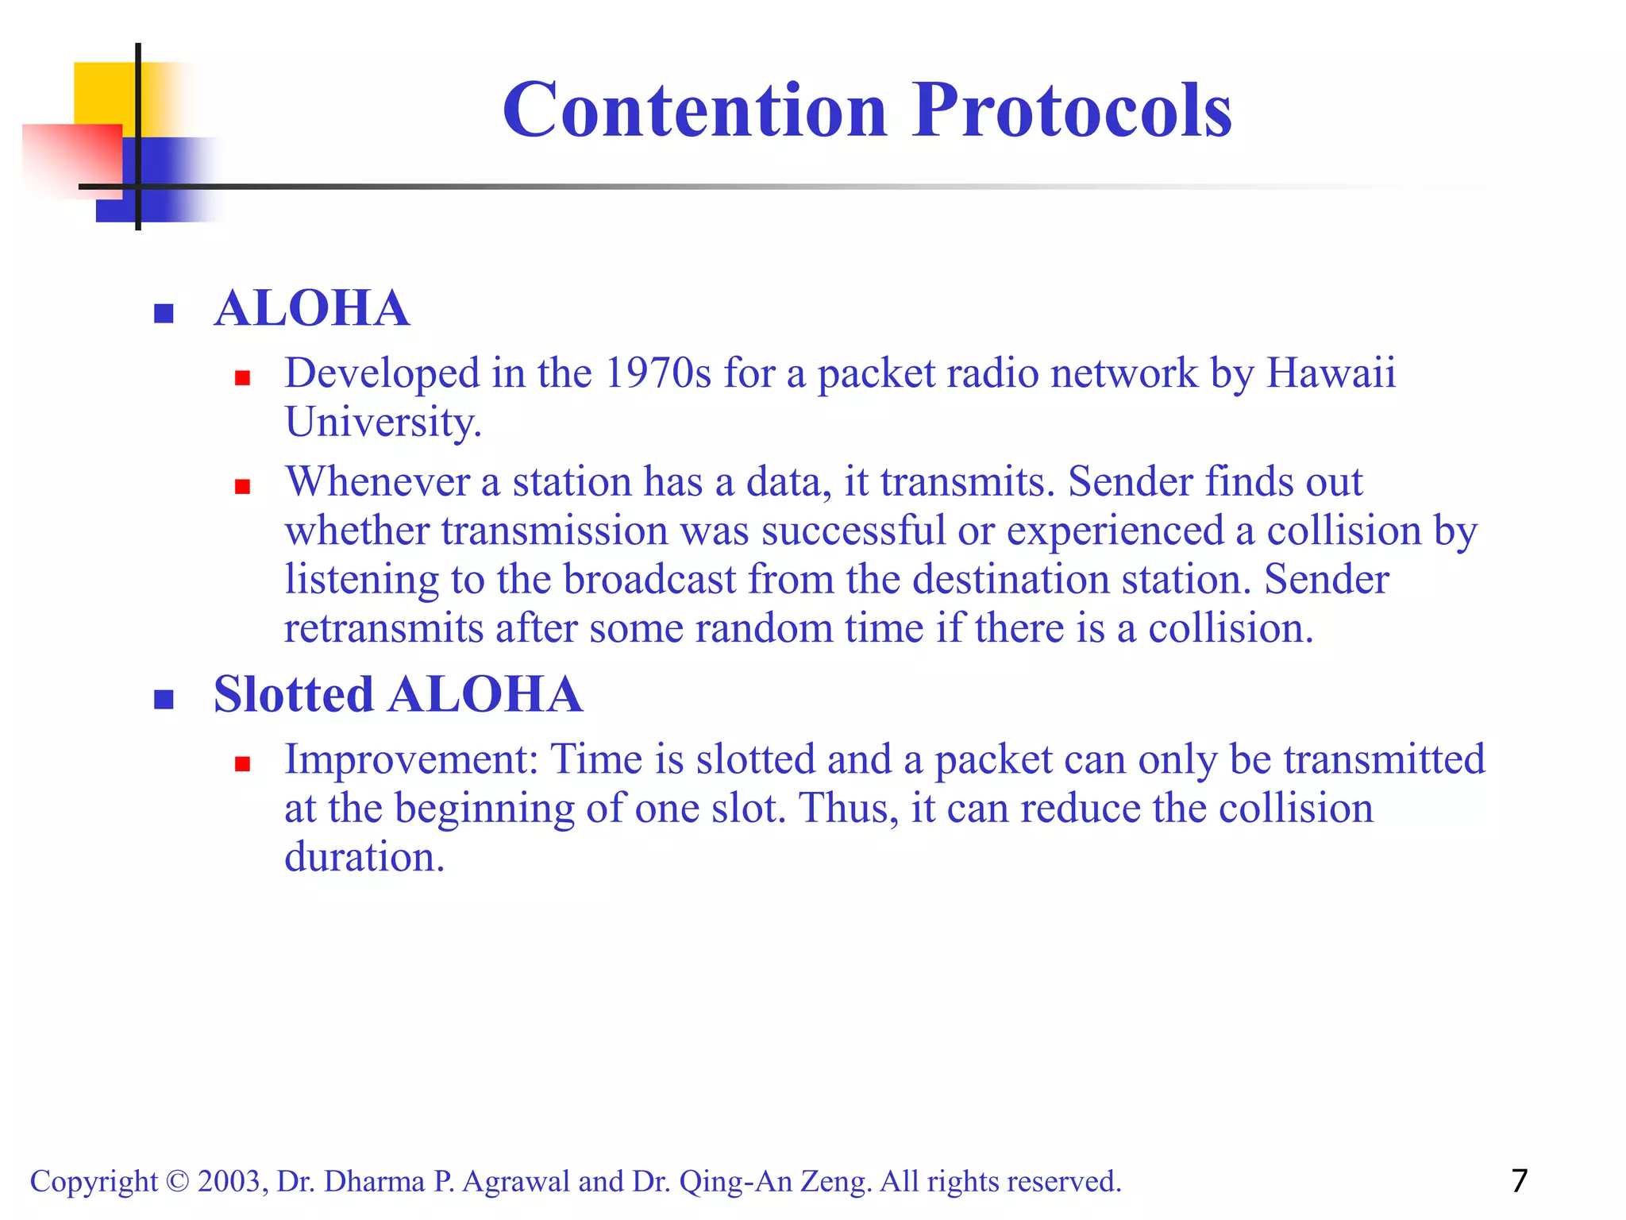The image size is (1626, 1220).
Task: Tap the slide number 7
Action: tap(1519, 1180)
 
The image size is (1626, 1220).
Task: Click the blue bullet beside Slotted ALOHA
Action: tap(164, 699)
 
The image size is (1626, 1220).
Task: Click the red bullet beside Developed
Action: tap(243, 378)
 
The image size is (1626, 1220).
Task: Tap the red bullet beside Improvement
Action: tap(243, 764)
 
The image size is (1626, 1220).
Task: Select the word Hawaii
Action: tap(1330, 373)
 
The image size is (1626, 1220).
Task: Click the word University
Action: tap(383, 422)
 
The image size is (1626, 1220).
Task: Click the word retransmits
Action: tap(383, 628)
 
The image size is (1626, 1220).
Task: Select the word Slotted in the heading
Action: tap(293, 694)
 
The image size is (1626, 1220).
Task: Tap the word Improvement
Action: tap(410, 759)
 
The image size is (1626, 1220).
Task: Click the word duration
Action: tap(363, 857)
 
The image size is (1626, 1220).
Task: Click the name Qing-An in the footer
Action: tap(735, 1181)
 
